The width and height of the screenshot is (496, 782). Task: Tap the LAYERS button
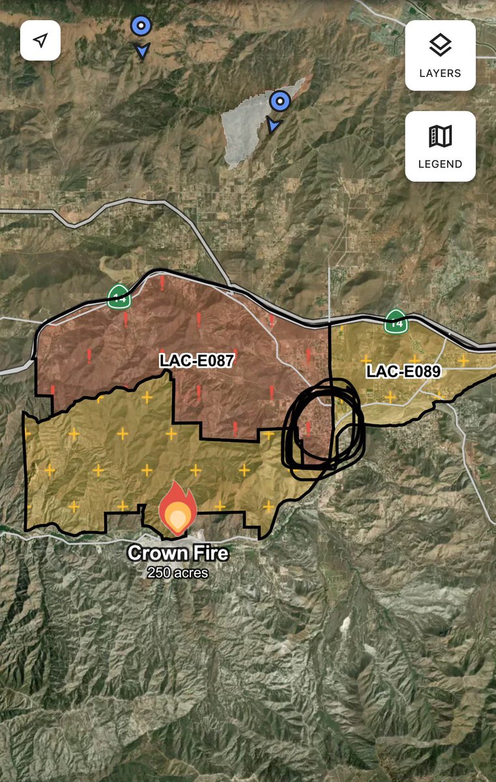click(x=440, y=55)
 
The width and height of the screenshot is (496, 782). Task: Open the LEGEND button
click(x=440, y=146)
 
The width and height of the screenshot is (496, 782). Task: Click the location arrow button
click(x=40, y=40)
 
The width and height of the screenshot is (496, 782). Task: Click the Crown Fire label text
click(x=178, y=553)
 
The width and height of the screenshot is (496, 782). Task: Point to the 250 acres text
click(x=177, y=573)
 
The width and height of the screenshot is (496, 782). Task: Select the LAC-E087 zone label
click(x=196, y=361)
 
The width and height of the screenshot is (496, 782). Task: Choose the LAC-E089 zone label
click(x=403, y=372)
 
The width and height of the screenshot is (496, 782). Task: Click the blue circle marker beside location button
click(x=141, y=26)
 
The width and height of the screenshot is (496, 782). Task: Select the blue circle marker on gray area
click(x=280, y=101)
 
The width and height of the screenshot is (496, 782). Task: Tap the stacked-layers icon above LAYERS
click(x=440, y=45)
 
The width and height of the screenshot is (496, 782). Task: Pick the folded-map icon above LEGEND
click(x=440, y=136)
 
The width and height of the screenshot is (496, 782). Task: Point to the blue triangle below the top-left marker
click(x=141, y=50)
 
